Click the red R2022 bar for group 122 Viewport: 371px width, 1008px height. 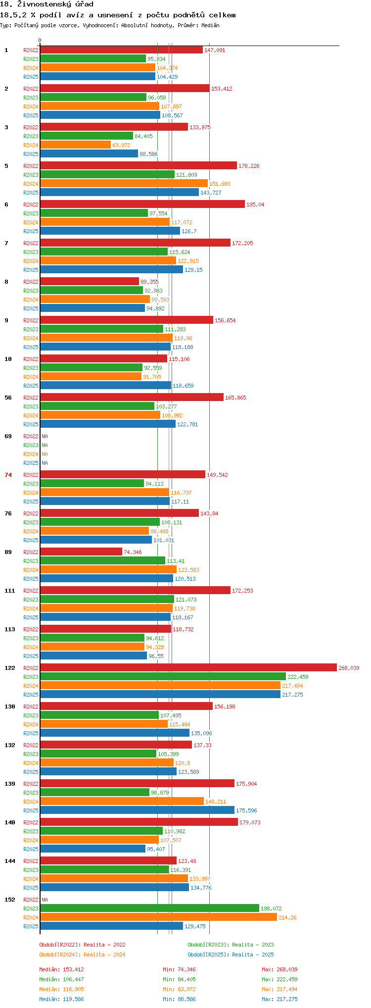coord(188,667)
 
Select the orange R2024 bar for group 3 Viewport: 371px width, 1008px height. coord(75,145)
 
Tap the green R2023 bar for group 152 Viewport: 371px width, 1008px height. coord(149,908)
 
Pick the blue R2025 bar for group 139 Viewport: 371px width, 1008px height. coord(137,810)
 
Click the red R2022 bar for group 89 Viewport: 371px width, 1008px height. coord(81,552)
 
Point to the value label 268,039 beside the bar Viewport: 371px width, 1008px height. coord(349,668)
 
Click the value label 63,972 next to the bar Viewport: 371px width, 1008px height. coord(121,145)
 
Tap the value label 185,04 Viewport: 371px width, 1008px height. coord(255,204)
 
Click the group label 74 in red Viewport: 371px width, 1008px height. coord(8,475)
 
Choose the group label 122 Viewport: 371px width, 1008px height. coord(10,668)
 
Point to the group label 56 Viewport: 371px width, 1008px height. coord(8,398)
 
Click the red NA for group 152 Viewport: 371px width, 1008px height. coord(45,900)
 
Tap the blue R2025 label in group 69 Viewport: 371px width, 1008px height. coord(31,463)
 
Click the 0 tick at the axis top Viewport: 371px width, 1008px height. coord(40,41)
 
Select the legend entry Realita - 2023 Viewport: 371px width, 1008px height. coord(231,945)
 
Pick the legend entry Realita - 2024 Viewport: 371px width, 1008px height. coord(82,955)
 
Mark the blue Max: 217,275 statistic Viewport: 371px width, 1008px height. coord(279,999)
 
